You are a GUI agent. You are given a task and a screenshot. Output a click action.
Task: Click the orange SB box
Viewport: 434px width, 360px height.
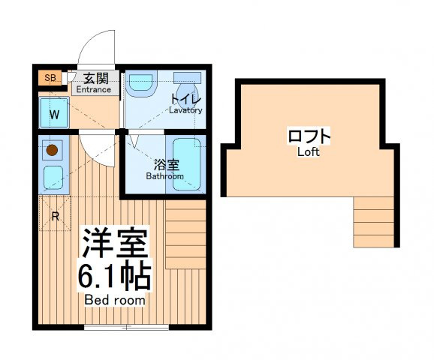(x=50, y=78)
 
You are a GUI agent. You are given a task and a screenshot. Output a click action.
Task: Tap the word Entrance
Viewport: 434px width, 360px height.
(x=94, y=89)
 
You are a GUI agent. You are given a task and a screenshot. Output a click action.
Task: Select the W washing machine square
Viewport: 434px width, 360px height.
(x=54, y=112)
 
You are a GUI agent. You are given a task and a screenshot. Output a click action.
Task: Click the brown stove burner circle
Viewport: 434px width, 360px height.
(x=52, y=150)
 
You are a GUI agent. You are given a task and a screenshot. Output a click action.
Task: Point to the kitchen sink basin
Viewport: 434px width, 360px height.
(x=53, y=178)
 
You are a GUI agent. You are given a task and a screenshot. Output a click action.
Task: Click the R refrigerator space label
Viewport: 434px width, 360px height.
(x=56, y=217)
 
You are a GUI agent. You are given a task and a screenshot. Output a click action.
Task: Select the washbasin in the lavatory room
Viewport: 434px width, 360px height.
(x=140, y=83)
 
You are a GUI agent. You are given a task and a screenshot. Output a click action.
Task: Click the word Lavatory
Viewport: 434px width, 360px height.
(x=185, y=110)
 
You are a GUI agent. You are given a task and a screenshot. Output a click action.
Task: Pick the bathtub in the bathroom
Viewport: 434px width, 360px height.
(x=186, y=164)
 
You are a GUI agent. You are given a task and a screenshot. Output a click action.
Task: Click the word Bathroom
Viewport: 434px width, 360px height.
(x=165, y=176)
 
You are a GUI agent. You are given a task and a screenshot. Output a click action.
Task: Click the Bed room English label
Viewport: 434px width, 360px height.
(x=115, y=300)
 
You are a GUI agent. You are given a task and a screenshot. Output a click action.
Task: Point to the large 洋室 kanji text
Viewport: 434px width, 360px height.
(x=115, y=242)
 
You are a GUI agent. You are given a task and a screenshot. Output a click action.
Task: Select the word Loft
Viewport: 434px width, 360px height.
(x=309, y=151)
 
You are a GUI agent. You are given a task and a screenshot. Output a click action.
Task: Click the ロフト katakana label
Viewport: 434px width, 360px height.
(x=309, y=136)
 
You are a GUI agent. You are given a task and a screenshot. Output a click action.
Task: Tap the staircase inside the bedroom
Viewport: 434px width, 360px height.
(x=185, y=234)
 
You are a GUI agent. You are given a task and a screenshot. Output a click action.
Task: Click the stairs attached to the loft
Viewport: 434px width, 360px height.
(x=374, y=222)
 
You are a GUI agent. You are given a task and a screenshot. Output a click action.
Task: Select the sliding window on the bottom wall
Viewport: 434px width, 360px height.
(x=126, y=327)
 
